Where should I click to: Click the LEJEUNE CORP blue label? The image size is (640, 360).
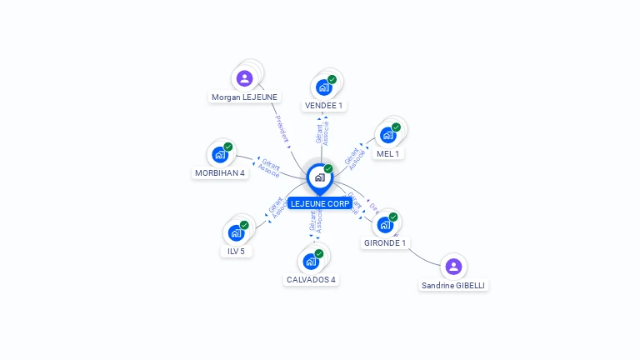coord(320,203)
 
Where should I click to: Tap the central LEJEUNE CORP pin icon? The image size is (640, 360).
coord(319,177)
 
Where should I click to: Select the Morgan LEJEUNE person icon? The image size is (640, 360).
coord(244,78)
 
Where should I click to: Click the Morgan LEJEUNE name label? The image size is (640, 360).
coord(244,97)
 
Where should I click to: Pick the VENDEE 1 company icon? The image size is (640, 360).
coord(323,87)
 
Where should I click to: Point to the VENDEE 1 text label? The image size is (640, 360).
coord(324,106)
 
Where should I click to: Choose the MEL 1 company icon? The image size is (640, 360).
coord(387,135)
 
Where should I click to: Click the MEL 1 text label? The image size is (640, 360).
coord(388,153)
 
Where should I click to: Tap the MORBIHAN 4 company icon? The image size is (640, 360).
coord(220,154)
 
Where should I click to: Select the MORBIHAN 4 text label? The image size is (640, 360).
coord(220,173)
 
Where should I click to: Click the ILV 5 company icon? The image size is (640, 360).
coord(236,232)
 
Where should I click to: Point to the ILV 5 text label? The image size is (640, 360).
coord(237,251)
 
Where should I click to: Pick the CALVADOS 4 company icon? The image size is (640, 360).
coord(311,261)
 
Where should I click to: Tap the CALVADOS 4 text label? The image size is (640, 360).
coord(311,279)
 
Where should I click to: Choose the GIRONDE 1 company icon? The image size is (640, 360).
coord(385,224)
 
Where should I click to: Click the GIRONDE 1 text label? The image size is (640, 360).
coord(385,243)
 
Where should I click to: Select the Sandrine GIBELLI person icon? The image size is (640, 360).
coord(453,267)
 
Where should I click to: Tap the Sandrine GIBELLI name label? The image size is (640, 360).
coord(453,285)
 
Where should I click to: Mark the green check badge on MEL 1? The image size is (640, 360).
coord(396,127)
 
